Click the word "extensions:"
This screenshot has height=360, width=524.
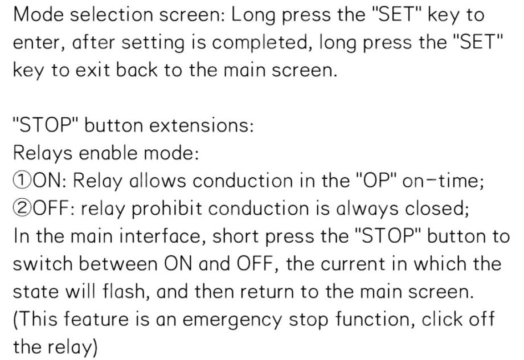(x=202, y=126)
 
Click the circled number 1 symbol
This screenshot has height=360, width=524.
(x=23, y=181)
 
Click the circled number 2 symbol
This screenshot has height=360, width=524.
(x=23, y=208)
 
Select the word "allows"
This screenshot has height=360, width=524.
(x=157, y=181)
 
